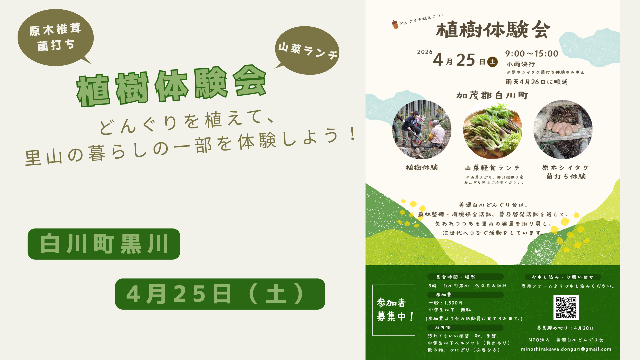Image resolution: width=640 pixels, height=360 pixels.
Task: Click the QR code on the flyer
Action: point(566,307)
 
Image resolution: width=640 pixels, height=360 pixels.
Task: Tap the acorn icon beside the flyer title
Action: point(395,24)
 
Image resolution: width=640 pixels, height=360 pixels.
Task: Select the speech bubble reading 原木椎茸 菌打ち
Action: point(56,37)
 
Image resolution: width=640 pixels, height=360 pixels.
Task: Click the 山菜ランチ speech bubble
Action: point(307,50)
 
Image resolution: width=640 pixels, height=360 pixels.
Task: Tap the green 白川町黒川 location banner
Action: point(104,244)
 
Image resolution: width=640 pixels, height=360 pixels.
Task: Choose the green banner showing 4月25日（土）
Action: point(220,294)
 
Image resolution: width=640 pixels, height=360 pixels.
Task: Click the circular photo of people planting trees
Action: point(422,130)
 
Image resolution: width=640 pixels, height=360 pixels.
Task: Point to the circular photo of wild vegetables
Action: point(492,130)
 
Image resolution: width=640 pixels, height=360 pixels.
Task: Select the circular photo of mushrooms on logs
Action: point(563,130)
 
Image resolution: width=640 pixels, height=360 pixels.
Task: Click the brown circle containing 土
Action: point(492,62)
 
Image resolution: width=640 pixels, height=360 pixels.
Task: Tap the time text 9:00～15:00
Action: point(531,54)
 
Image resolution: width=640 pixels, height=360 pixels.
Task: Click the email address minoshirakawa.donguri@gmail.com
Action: point(566,349)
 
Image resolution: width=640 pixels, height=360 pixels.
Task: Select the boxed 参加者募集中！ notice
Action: point(394,310)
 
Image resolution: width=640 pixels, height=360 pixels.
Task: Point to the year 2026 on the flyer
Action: point(425,52)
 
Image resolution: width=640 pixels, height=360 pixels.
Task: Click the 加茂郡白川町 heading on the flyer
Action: point(492,96)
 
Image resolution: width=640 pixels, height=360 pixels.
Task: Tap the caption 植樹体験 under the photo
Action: point(422,167)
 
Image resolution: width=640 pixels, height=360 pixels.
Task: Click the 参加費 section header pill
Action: point(465,295)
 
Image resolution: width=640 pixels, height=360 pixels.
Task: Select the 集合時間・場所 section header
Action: point(465,277)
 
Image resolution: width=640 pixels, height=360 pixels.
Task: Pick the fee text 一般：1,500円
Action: point(446,303)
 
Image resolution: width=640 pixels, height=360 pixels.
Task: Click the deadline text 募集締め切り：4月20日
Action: point(565,328)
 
